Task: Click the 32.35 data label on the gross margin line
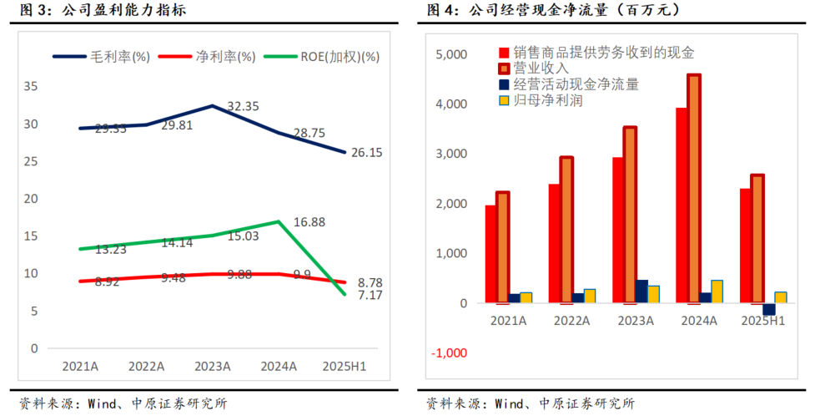click(243, 106)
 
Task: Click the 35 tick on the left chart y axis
click(31, 86)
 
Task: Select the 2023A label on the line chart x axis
click(212, 366)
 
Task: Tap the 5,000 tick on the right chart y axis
click(451, 55)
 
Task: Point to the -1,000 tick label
click(449, 353)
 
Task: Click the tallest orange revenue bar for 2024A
click(694, 188)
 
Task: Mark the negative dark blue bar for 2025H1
click(768, 309)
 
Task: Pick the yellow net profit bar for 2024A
click(717, 292)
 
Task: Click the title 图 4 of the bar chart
click(443, 11)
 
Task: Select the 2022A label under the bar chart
click(572, 320)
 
